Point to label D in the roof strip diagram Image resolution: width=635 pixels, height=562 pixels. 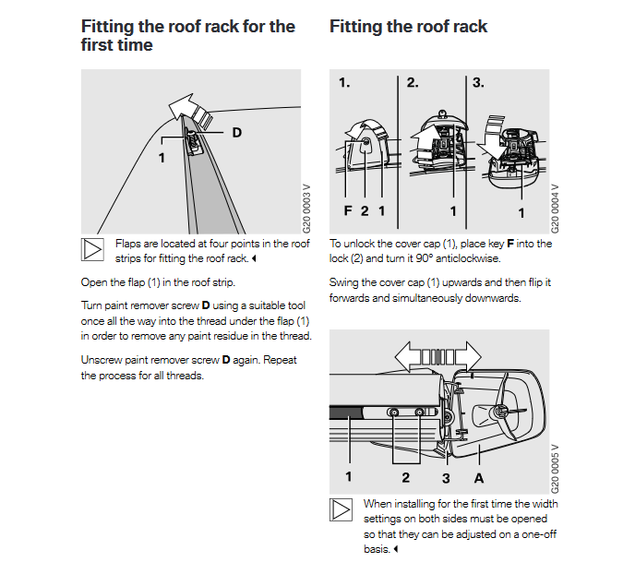[236, 133]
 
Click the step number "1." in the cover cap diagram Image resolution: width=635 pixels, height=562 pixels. [344, 83]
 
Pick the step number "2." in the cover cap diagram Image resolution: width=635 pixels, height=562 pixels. [413, 83]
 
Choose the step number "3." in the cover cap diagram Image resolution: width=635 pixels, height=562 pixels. [478, 83]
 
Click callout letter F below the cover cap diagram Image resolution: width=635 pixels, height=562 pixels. [348, 211]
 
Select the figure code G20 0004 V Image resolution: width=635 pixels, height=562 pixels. [555, 202]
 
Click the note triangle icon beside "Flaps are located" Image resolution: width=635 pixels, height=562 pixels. [92, 250]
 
